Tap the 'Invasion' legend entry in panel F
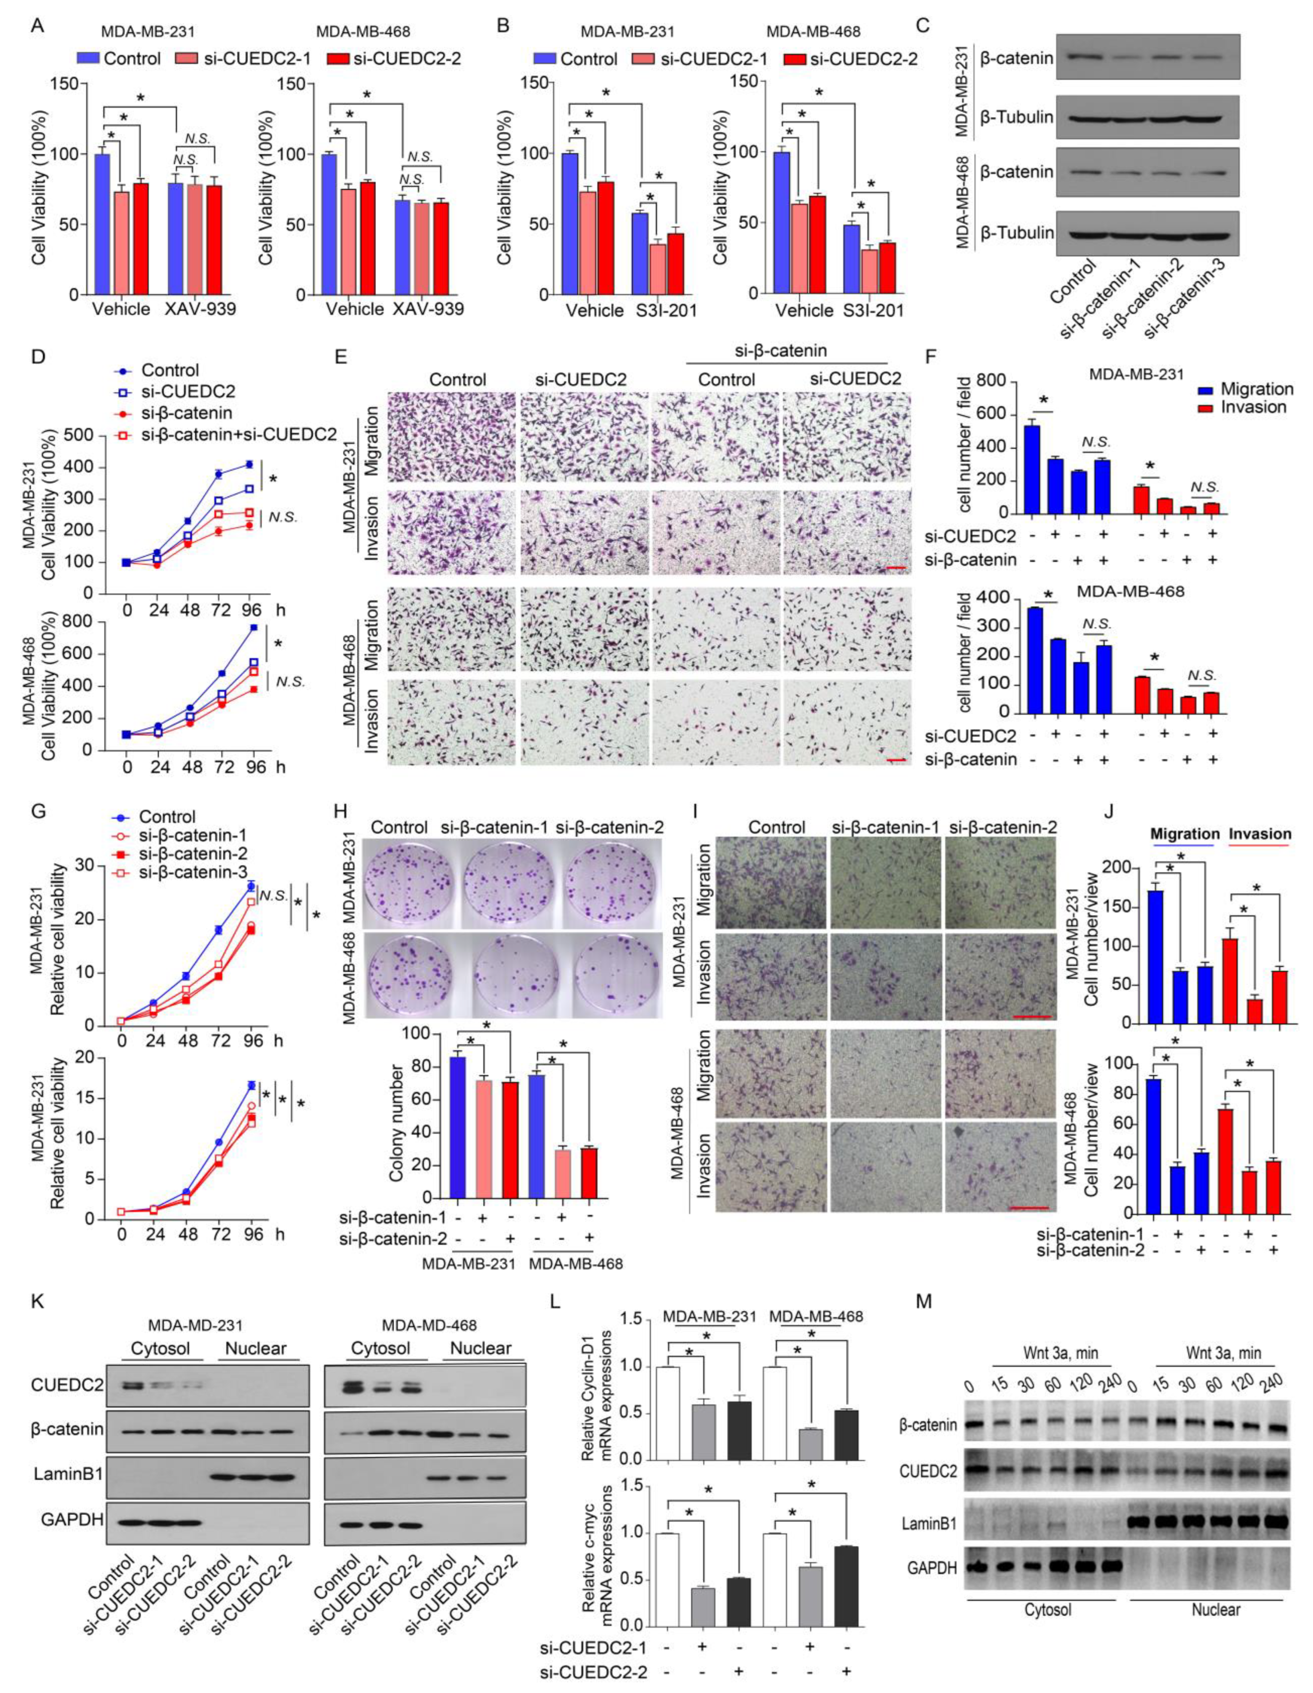pyautogui.click(x=1255, y=407)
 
